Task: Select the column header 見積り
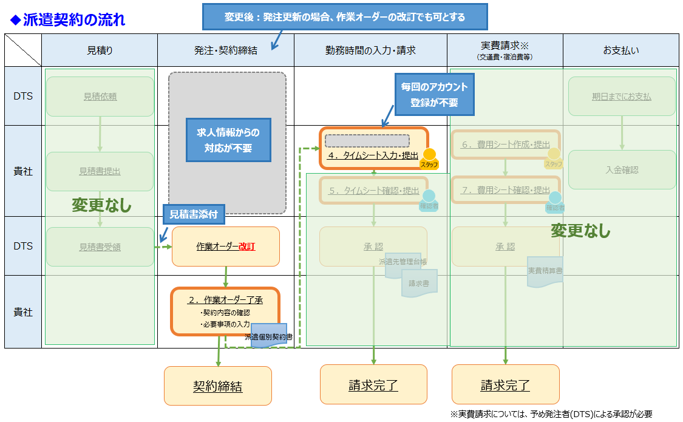(100, 50)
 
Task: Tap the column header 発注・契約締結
(225, 50)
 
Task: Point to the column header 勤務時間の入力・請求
(370, 50)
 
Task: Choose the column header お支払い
(620, 50)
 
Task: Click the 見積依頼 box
(100, 97)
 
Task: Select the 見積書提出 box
(100, 171)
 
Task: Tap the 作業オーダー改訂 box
(226, 247)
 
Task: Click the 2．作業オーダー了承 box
(225, 311)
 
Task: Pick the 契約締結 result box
(217, 386)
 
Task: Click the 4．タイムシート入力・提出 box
(373, 149)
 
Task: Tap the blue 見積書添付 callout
(194, 214)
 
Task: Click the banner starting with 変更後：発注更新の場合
(345, 17)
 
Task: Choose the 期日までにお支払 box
(622, 97)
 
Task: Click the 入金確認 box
(622, 170)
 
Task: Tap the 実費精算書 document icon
(545, 271)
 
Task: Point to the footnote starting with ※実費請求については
(551, 414)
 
